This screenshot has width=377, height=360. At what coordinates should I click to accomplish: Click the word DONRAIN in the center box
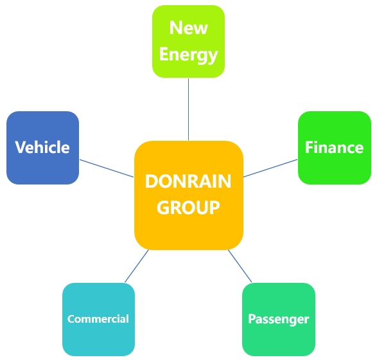click(188, 181)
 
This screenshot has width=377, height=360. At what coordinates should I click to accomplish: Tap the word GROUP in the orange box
click(188, 208)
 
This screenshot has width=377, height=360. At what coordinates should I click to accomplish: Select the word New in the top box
click(189, 28)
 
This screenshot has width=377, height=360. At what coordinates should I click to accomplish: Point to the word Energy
click(189, 55)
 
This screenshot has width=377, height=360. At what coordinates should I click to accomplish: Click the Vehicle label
click(42, 147)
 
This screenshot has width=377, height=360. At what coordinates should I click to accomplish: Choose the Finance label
click(334, 147)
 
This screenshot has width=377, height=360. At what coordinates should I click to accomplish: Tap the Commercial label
click(98, 319)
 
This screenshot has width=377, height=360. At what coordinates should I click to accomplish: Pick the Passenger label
click(279, 319)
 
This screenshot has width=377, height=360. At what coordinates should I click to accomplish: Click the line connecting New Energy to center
click(189, 109)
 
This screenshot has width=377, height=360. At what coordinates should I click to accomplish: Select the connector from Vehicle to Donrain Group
click(107, 168)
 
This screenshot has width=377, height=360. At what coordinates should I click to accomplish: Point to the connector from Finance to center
click(270, 168)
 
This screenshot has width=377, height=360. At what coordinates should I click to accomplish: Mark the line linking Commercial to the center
click(137, 266)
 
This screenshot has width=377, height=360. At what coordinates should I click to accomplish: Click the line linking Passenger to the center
click(240, 266)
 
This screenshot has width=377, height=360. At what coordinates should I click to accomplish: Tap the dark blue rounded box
click(42, 148)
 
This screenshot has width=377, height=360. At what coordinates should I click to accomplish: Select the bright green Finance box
click(335, 148)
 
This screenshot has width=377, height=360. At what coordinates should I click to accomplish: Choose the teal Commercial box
click(98, 319)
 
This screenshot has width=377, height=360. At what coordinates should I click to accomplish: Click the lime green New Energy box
click(189, 41)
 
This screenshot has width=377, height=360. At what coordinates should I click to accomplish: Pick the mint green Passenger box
click(279, 319)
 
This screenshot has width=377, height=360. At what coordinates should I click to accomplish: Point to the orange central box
click(189, 195)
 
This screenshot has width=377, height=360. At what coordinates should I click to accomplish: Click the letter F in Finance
click(309, 147)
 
